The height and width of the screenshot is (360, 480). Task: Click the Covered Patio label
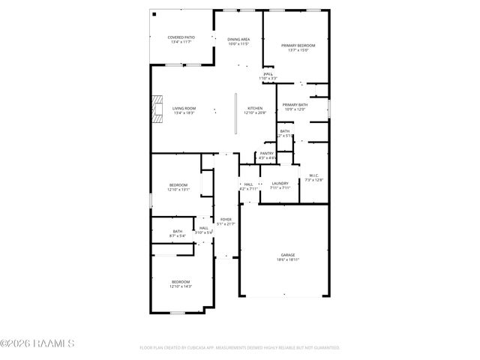point(181,37)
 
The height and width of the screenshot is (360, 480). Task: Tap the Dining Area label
point(238,39)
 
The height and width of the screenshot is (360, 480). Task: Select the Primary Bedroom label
point(298,46)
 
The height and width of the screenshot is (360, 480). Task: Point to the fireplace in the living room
point(157,109)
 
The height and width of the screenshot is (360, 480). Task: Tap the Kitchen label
point(256,109)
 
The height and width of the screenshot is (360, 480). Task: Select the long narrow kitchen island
point(235,114)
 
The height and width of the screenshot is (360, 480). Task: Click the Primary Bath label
point(295,105)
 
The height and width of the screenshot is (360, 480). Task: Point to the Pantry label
point(266,153)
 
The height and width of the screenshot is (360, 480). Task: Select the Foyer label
point(226,219)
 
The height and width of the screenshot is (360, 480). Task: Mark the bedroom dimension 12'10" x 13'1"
point(178,190)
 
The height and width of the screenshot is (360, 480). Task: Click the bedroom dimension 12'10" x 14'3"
point(180,286)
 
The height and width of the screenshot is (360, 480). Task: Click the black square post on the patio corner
point(154,13)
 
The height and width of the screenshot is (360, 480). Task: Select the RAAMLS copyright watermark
point(37,344)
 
